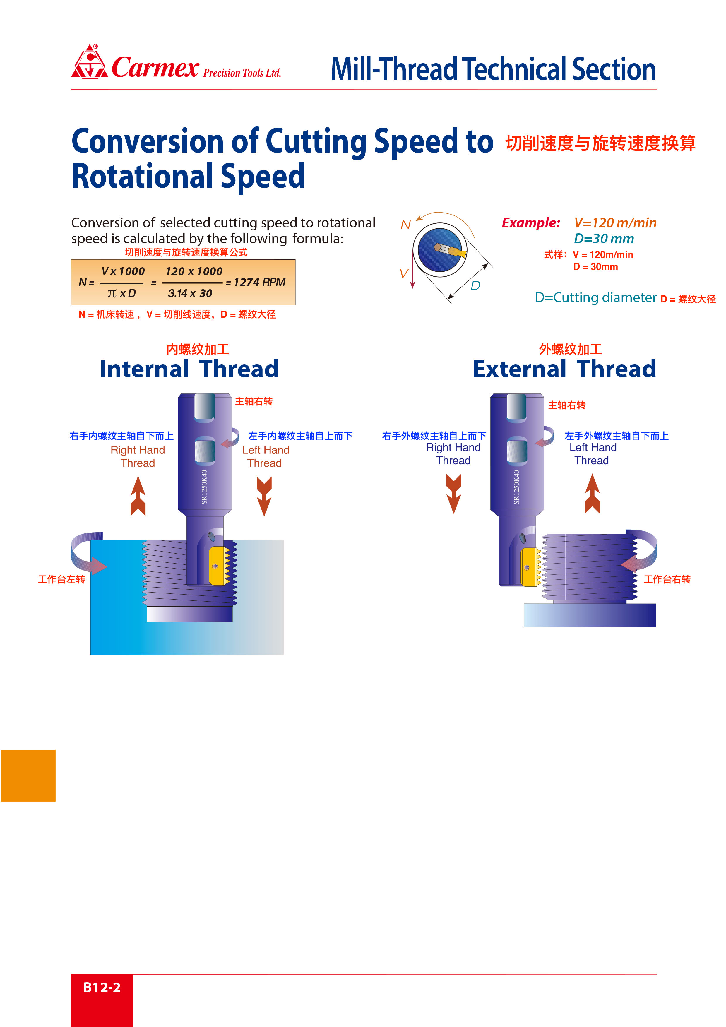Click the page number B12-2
click(x=102, y=987)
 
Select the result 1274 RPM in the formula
click(x=259, y=282)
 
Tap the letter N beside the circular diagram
click(x=405, y=225)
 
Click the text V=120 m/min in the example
click(x=615, y=223)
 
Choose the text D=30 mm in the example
click(x=604, y=238)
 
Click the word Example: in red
click(x=531, y=223)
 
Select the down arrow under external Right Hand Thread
click(x=453, y=494)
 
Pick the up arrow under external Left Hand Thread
click(x=592, y=494)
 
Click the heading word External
click(x=519, y=369)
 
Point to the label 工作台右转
click(x=667, y=579)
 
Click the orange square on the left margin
click(x=28, y=775)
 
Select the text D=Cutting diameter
click(x=595, y=297)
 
